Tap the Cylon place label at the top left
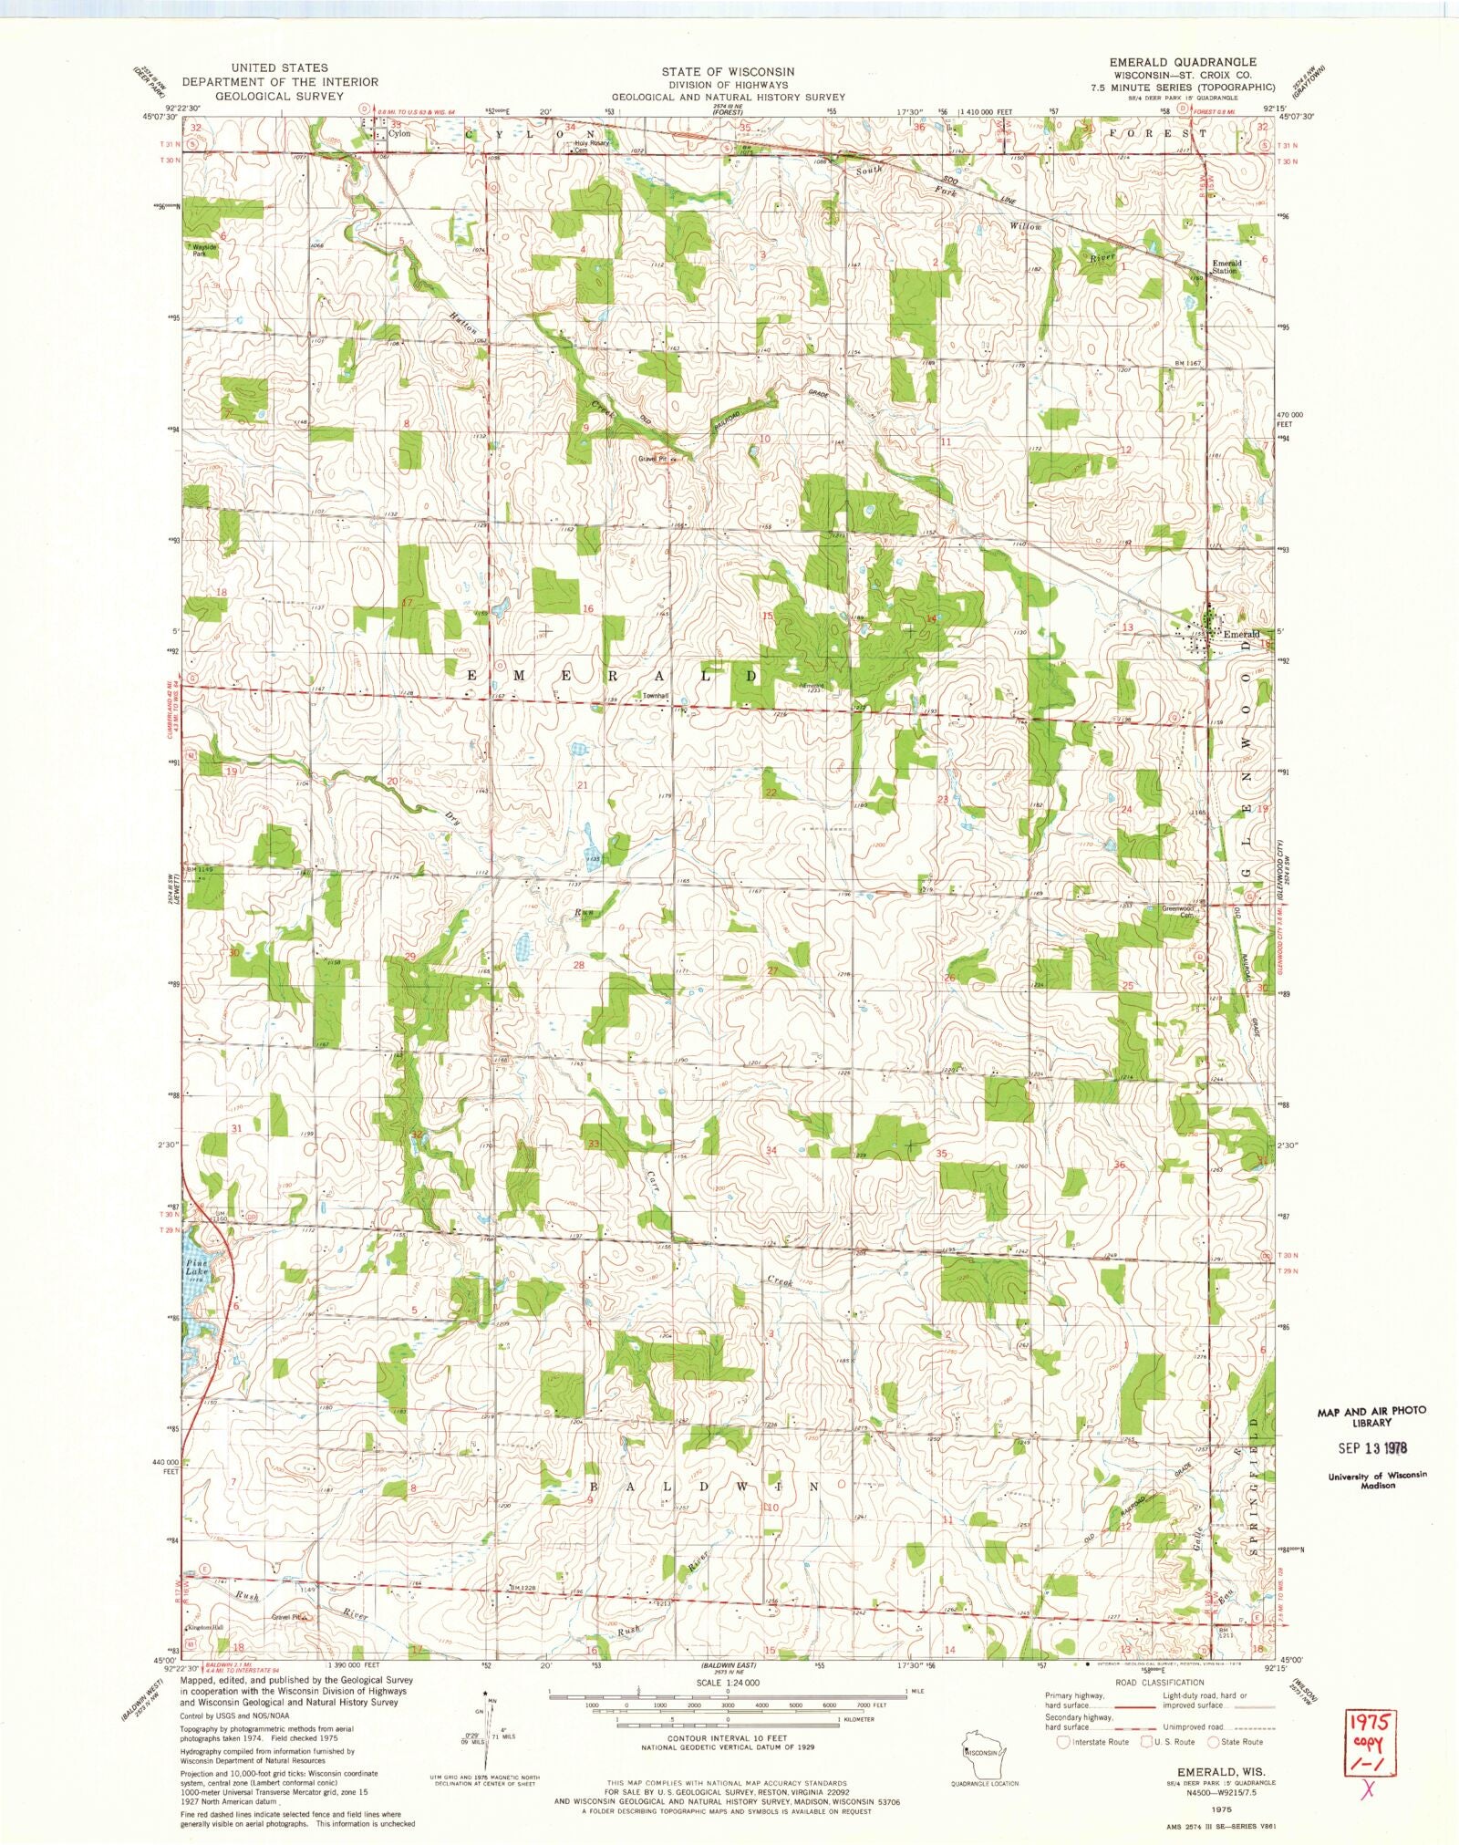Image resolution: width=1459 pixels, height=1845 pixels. (399, 133)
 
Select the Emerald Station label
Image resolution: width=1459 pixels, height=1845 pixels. (1226, 267)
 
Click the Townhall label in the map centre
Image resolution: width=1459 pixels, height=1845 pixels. (656, 697)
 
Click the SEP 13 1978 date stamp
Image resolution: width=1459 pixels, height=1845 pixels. (1364, 1446)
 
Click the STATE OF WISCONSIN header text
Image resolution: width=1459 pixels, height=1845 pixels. (728, 71)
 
